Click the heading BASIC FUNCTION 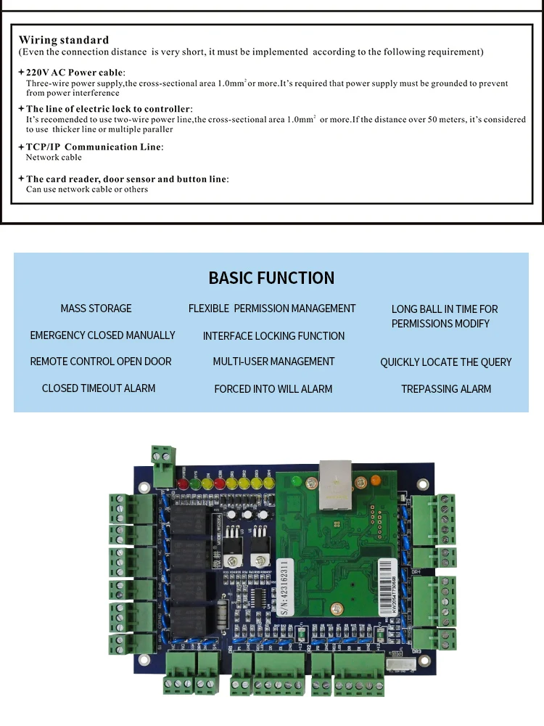(x=271, y=278)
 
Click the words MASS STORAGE (x=96, y=309)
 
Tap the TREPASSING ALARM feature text (x=446, y=389)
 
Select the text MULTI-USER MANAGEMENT (x=273, y=362)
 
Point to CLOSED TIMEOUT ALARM (x=99, y=388)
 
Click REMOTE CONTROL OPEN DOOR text (x=101, y=362)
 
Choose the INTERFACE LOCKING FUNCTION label (x=273, y=336)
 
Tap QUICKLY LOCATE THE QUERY (x=446, y=362)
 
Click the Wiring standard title (x=64, y=41)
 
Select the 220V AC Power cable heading (x=75, y=73)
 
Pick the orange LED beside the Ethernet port (x=376, y=479)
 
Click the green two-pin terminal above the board (x=164, y=456)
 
